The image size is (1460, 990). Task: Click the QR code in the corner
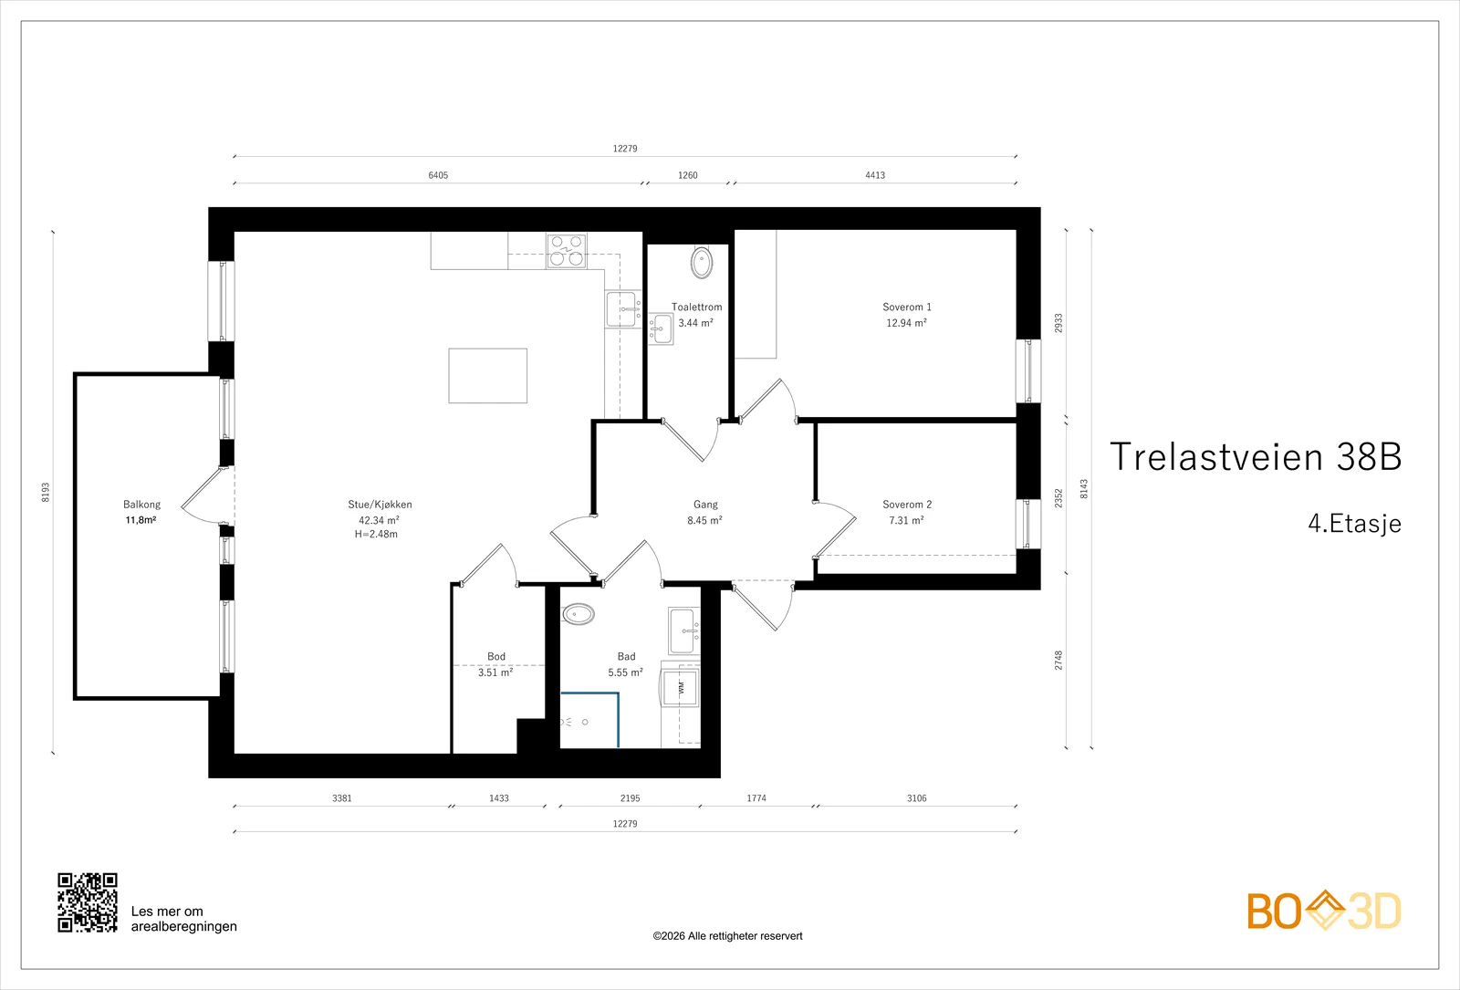click(88, 902)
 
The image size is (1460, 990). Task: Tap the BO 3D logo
click(1324, 911)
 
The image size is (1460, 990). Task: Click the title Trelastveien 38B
click(1256, 456)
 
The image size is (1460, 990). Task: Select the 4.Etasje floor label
click(1354, 524)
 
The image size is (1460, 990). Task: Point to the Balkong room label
click(141, 505)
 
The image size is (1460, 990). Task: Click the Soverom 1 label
click(907, 307)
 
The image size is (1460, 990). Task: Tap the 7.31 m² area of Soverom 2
click(907, 520)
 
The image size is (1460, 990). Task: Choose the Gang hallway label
click(705, 505)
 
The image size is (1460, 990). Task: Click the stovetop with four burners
click(566, 251)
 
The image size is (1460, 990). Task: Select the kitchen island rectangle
click(487, 375)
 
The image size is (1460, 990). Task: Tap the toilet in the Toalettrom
click(702, 263)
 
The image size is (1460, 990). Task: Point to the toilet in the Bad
click(579, 614)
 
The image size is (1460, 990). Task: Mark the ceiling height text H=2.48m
click(376, 535)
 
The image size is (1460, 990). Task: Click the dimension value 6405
click(438, 175)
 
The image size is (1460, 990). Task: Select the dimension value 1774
click(756, 797)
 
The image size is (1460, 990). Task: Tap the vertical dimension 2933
click(1058, 323)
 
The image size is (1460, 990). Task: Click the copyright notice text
click(727, 936)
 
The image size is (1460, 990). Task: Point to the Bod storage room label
click(496, 656)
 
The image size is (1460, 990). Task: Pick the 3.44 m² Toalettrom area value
click(695, 323)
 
